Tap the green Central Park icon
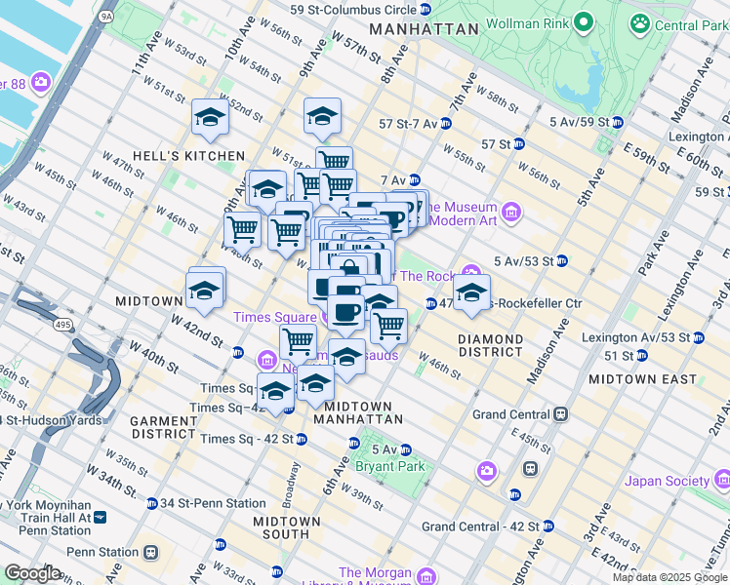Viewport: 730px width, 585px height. pos(640,22)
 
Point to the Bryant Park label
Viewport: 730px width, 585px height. pos(400,466)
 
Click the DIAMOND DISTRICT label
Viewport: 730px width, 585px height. pos(491,345)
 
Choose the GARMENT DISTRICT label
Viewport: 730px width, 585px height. pos(165,427)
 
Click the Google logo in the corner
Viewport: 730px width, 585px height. pos(32,572)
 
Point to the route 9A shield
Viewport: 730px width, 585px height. pos(106,17)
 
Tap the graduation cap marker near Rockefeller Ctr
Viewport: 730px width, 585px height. pos(471,293)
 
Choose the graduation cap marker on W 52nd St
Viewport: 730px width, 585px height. pos(210,118)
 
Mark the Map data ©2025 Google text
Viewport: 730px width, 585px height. pos(669,577)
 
